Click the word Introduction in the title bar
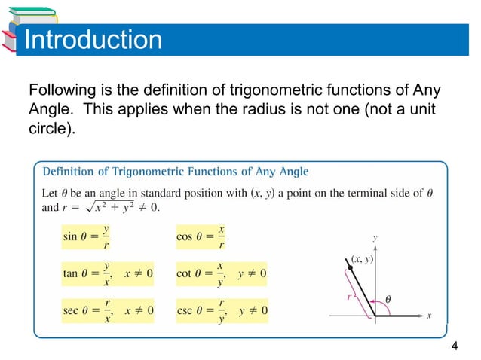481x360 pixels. tap(93, 39)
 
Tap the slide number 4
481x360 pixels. tap(454, 346)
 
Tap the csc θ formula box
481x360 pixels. tap(223, 310)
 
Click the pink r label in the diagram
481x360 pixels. tap(349, 297)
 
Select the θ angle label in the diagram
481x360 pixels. tap(388, 299)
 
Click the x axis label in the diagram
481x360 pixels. tap(428, 316)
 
